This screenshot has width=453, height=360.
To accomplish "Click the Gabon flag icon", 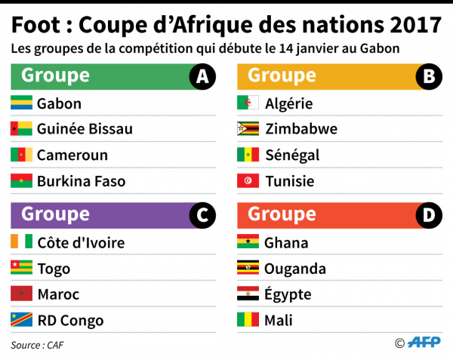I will [20, 103].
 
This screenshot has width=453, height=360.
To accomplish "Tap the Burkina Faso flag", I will [20, 181].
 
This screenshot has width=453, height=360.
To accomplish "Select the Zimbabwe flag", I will [248, 129].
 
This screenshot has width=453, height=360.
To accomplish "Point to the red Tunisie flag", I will [248, 181].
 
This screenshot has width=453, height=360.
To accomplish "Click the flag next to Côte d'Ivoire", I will [20, 242].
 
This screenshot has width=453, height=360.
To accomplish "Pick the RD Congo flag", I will [20, 321].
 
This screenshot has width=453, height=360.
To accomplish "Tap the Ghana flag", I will [248, 242].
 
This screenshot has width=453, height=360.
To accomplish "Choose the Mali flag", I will [248, 321].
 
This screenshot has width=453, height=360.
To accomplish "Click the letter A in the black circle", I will [202, 76].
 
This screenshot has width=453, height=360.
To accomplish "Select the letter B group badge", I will [429, 76].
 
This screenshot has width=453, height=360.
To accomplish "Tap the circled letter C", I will [202, 216].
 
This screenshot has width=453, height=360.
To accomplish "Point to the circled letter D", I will [429, 216].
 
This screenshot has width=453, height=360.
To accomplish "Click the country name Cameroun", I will [72, 155].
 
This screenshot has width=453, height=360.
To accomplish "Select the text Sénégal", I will [292, 155].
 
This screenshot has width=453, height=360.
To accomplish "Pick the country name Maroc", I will [58, 294].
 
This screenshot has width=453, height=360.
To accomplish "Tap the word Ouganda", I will [295, 269].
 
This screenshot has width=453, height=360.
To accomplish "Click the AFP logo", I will [424, 343].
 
